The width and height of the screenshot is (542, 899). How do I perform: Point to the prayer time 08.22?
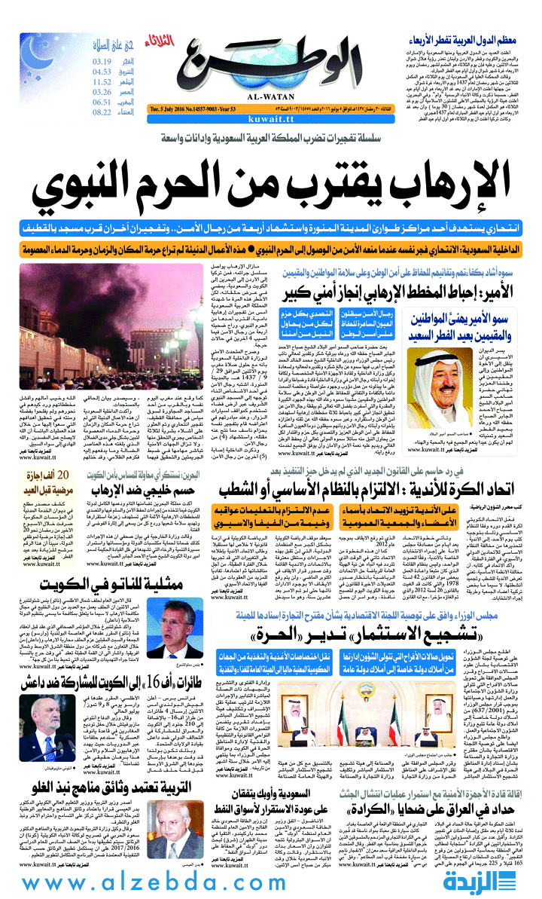click(102, 112)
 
